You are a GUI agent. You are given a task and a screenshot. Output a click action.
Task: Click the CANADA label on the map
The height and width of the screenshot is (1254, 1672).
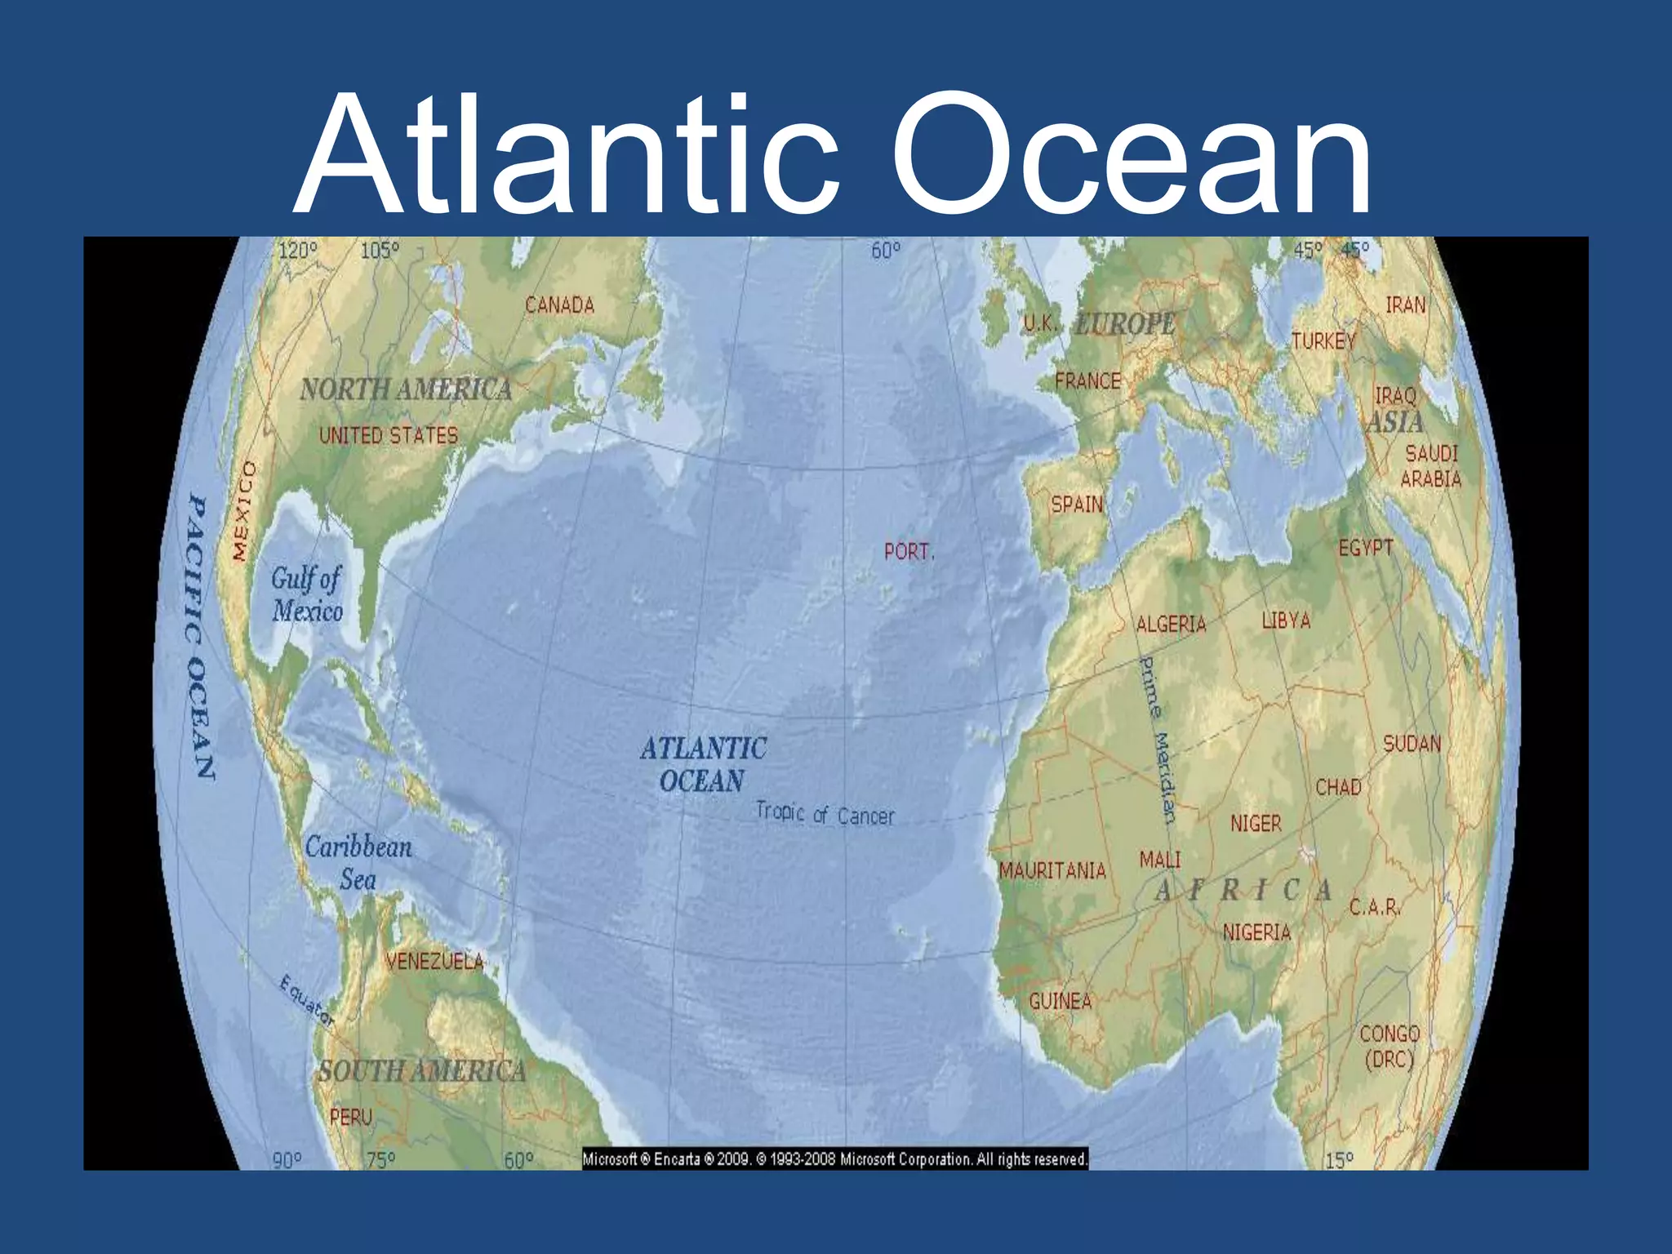559,305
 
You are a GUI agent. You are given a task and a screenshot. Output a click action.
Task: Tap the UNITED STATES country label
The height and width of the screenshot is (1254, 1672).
389,435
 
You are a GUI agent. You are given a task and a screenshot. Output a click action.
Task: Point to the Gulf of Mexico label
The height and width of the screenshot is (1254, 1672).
307,594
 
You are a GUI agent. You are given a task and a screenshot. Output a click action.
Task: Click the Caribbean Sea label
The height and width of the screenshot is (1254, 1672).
358,863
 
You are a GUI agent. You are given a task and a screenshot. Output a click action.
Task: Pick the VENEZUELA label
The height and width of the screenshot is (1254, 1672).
435,961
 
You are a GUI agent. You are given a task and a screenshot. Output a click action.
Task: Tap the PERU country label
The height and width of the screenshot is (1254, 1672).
351,1117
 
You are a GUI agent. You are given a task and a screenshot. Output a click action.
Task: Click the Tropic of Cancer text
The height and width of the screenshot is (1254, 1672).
825,814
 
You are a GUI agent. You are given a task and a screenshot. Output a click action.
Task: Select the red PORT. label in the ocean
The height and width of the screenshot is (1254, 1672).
909,552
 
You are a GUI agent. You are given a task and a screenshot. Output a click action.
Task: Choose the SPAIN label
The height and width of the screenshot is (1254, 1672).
1077,505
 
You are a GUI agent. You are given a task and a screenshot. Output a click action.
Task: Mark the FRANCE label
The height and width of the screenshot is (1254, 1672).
1087,380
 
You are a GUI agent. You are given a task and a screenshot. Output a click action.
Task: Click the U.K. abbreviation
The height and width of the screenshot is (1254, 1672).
1039,324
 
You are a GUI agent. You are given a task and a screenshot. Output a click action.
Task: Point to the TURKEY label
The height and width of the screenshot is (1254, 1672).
1323,340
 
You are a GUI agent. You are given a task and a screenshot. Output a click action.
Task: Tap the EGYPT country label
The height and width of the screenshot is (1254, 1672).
1366,548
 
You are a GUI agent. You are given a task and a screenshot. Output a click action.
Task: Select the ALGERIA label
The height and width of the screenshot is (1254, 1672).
1171,625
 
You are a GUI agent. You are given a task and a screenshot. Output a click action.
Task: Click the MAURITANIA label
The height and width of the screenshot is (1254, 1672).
1052,871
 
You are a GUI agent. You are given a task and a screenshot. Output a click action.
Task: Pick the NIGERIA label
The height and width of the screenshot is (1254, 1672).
1256,932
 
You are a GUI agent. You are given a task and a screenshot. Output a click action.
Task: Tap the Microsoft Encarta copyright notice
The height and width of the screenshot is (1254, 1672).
835,1158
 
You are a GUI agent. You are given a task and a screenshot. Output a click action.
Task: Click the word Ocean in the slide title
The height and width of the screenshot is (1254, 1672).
1132,155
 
